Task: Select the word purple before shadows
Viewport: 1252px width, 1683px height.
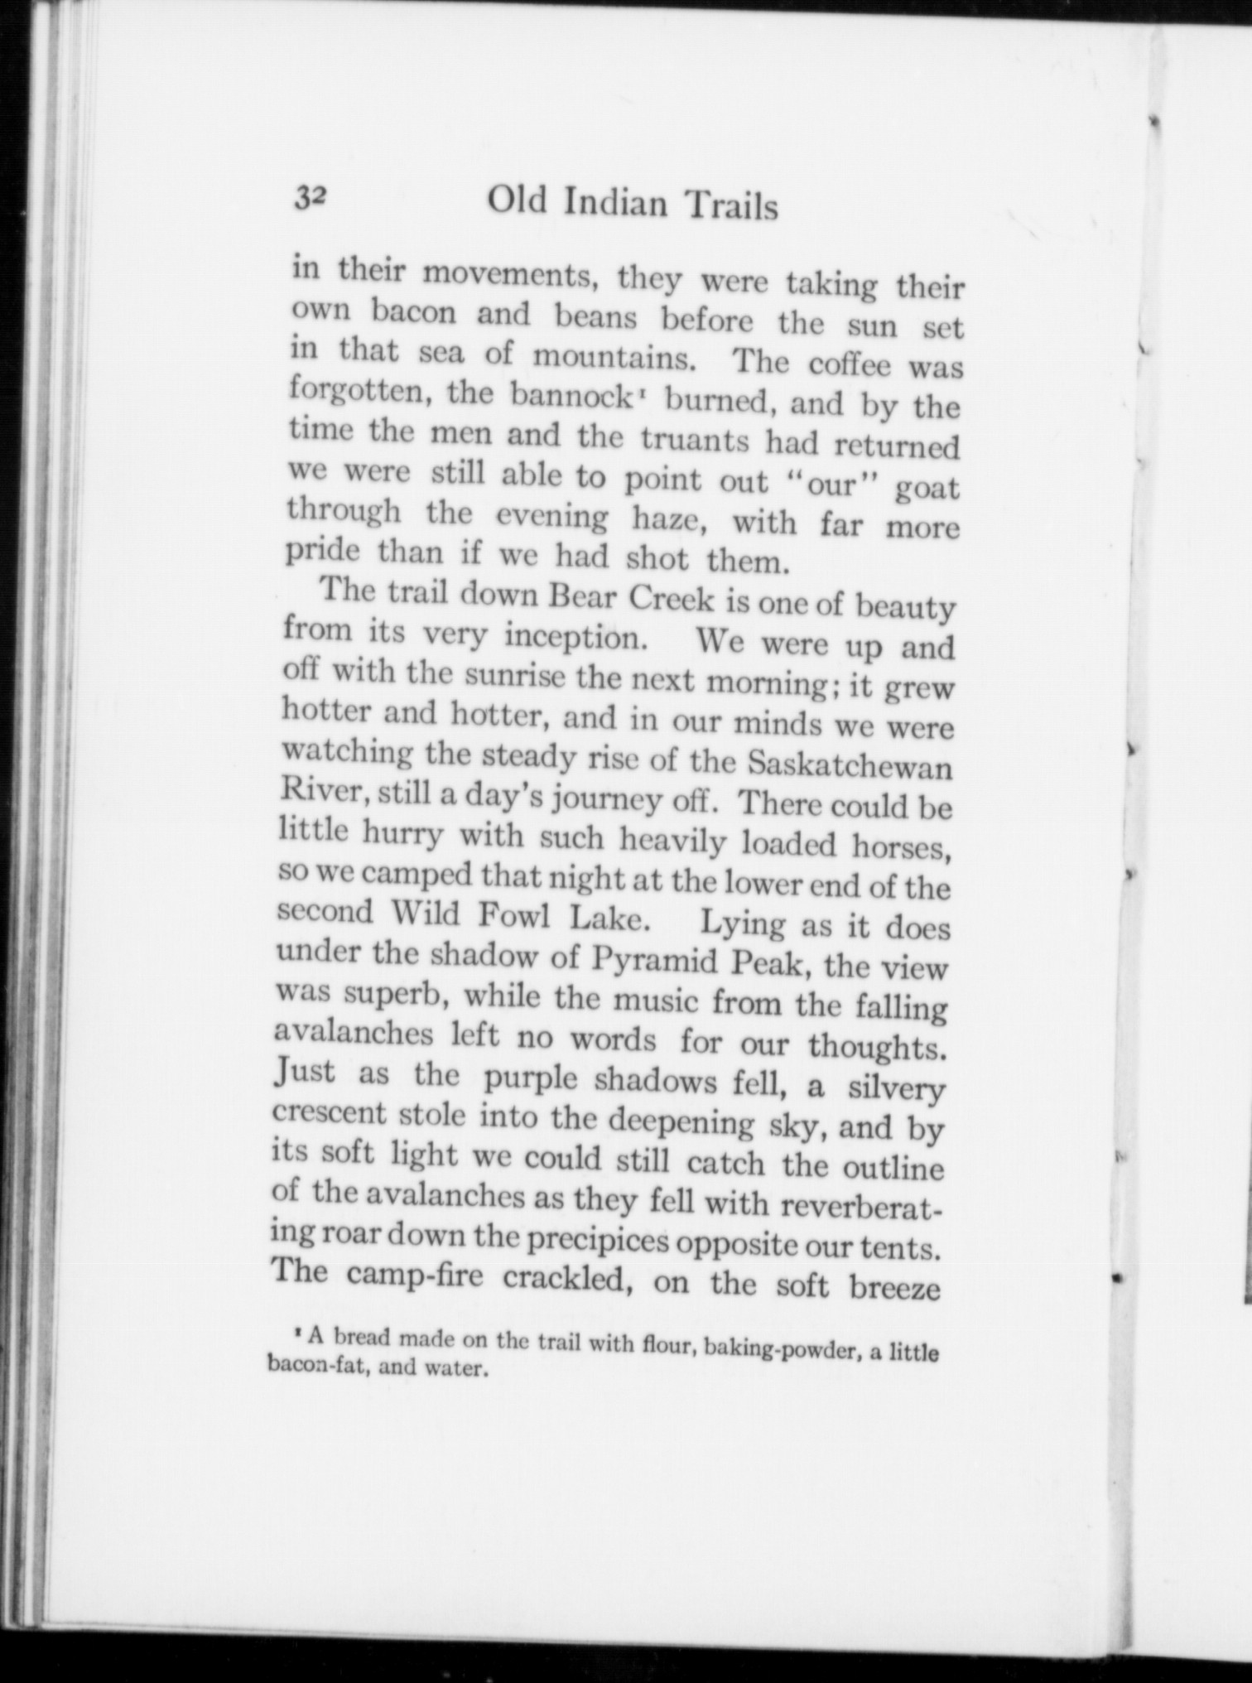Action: click(532, 1078)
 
